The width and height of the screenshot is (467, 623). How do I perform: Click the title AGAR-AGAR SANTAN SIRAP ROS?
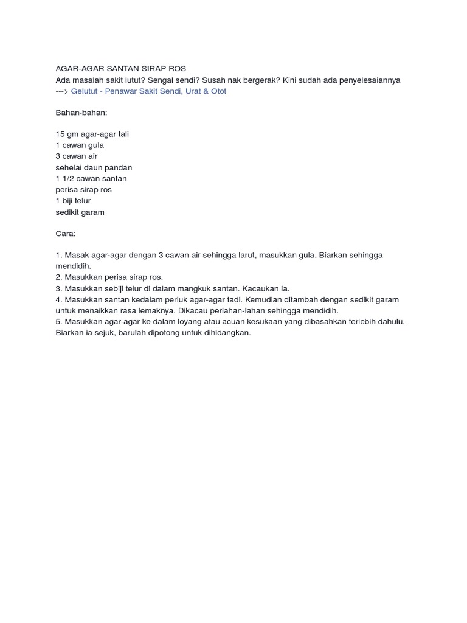[120, 69]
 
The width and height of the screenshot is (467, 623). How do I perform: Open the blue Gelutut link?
[148, 91]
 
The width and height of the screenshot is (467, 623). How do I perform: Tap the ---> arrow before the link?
[62, 91]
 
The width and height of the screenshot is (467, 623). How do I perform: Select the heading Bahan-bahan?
[81, 113]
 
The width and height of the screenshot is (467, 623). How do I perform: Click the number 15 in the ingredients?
[60, 134]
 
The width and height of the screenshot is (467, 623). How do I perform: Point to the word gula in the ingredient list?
[96, 145]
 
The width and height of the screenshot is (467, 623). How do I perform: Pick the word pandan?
[119, 167]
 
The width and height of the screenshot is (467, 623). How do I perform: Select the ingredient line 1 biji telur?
[73, 201]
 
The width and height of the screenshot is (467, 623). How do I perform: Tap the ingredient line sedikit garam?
[80, 212]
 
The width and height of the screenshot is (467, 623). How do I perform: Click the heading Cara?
[66, 234]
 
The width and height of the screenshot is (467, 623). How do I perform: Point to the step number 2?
[58, 277]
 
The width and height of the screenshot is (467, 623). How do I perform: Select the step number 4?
[58, 299]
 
